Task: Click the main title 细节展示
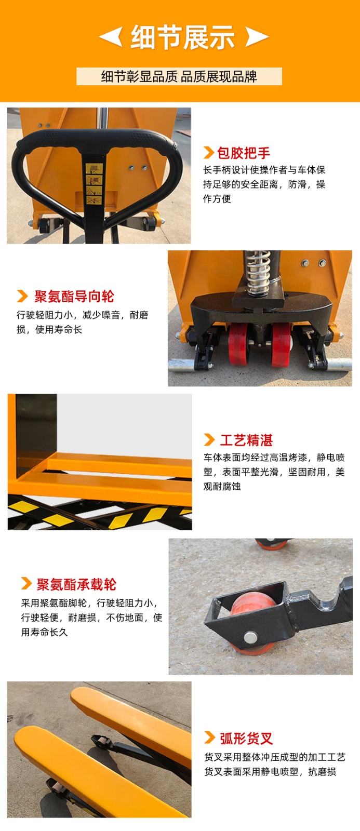(183, 37)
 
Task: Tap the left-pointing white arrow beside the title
(111, 36)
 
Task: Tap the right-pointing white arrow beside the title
(257, 36)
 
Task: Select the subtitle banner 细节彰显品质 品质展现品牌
(179, 76)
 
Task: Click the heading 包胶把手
(244, 153)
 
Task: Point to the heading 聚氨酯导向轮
(74, 297)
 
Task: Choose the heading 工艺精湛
(246, 440)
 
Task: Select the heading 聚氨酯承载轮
(76, 584)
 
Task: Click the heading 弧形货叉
(246, 739)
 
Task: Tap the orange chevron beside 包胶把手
(209, 153)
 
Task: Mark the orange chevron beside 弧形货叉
(210, 738)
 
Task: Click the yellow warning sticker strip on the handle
(94, 184)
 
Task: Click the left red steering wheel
(238, 343)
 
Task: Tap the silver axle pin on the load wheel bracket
(251, 637)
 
